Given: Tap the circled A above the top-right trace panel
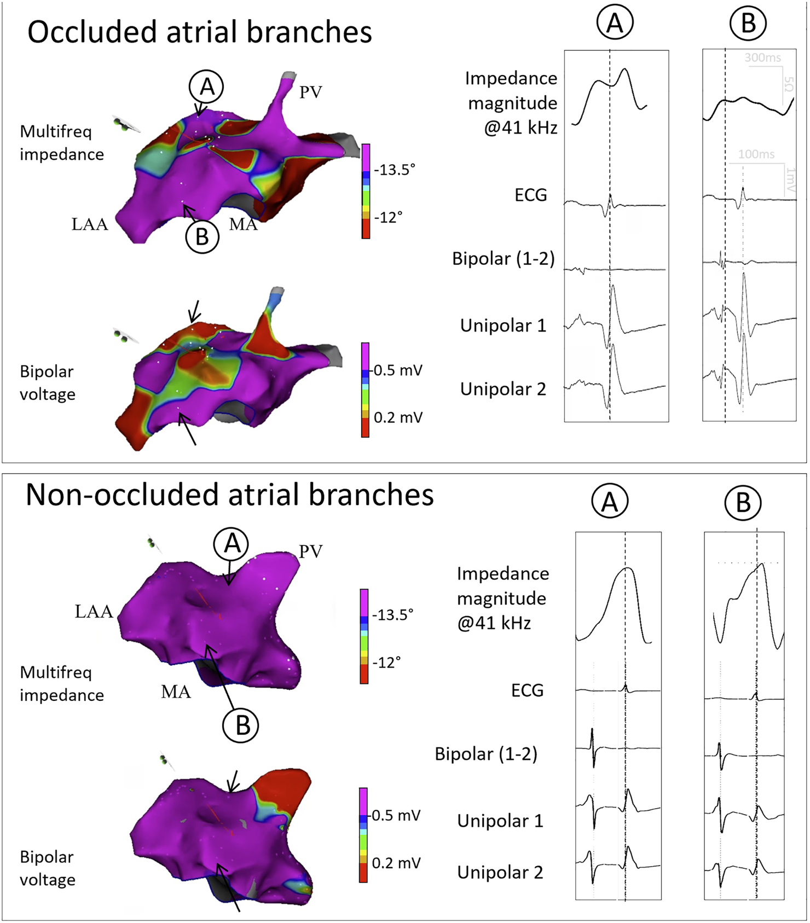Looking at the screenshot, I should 615,23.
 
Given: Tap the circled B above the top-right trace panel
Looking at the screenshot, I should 748,23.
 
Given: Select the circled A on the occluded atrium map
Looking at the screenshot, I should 206,86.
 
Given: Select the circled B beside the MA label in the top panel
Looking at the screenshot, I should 202,237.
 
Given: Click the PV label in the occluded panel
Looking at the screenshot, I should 310,92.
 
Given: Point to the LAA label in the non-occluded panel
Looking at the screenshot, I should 94,611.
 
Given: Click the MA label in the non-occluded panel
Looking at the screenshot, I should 176,692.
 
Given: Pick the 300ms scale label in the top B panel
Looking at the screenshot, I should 762,57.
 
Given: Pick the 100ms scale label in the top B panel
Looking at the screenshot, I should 756,154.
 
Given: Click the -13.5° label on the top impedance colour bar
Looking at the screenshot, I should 395,170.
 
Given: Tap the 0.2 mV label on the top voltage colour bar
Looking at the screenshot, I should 398,417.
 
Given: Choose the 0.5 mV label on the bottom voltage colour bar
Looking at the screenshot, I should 396,815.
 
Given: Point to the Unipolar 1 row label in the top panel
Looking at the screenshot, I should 503,326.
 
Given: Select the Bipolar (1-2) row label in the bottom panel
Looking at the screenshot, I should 486,754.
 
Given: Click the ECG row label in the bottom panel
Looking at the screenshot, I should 527,690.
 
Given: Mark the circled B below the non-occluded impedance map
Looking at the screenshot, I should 240,725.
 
